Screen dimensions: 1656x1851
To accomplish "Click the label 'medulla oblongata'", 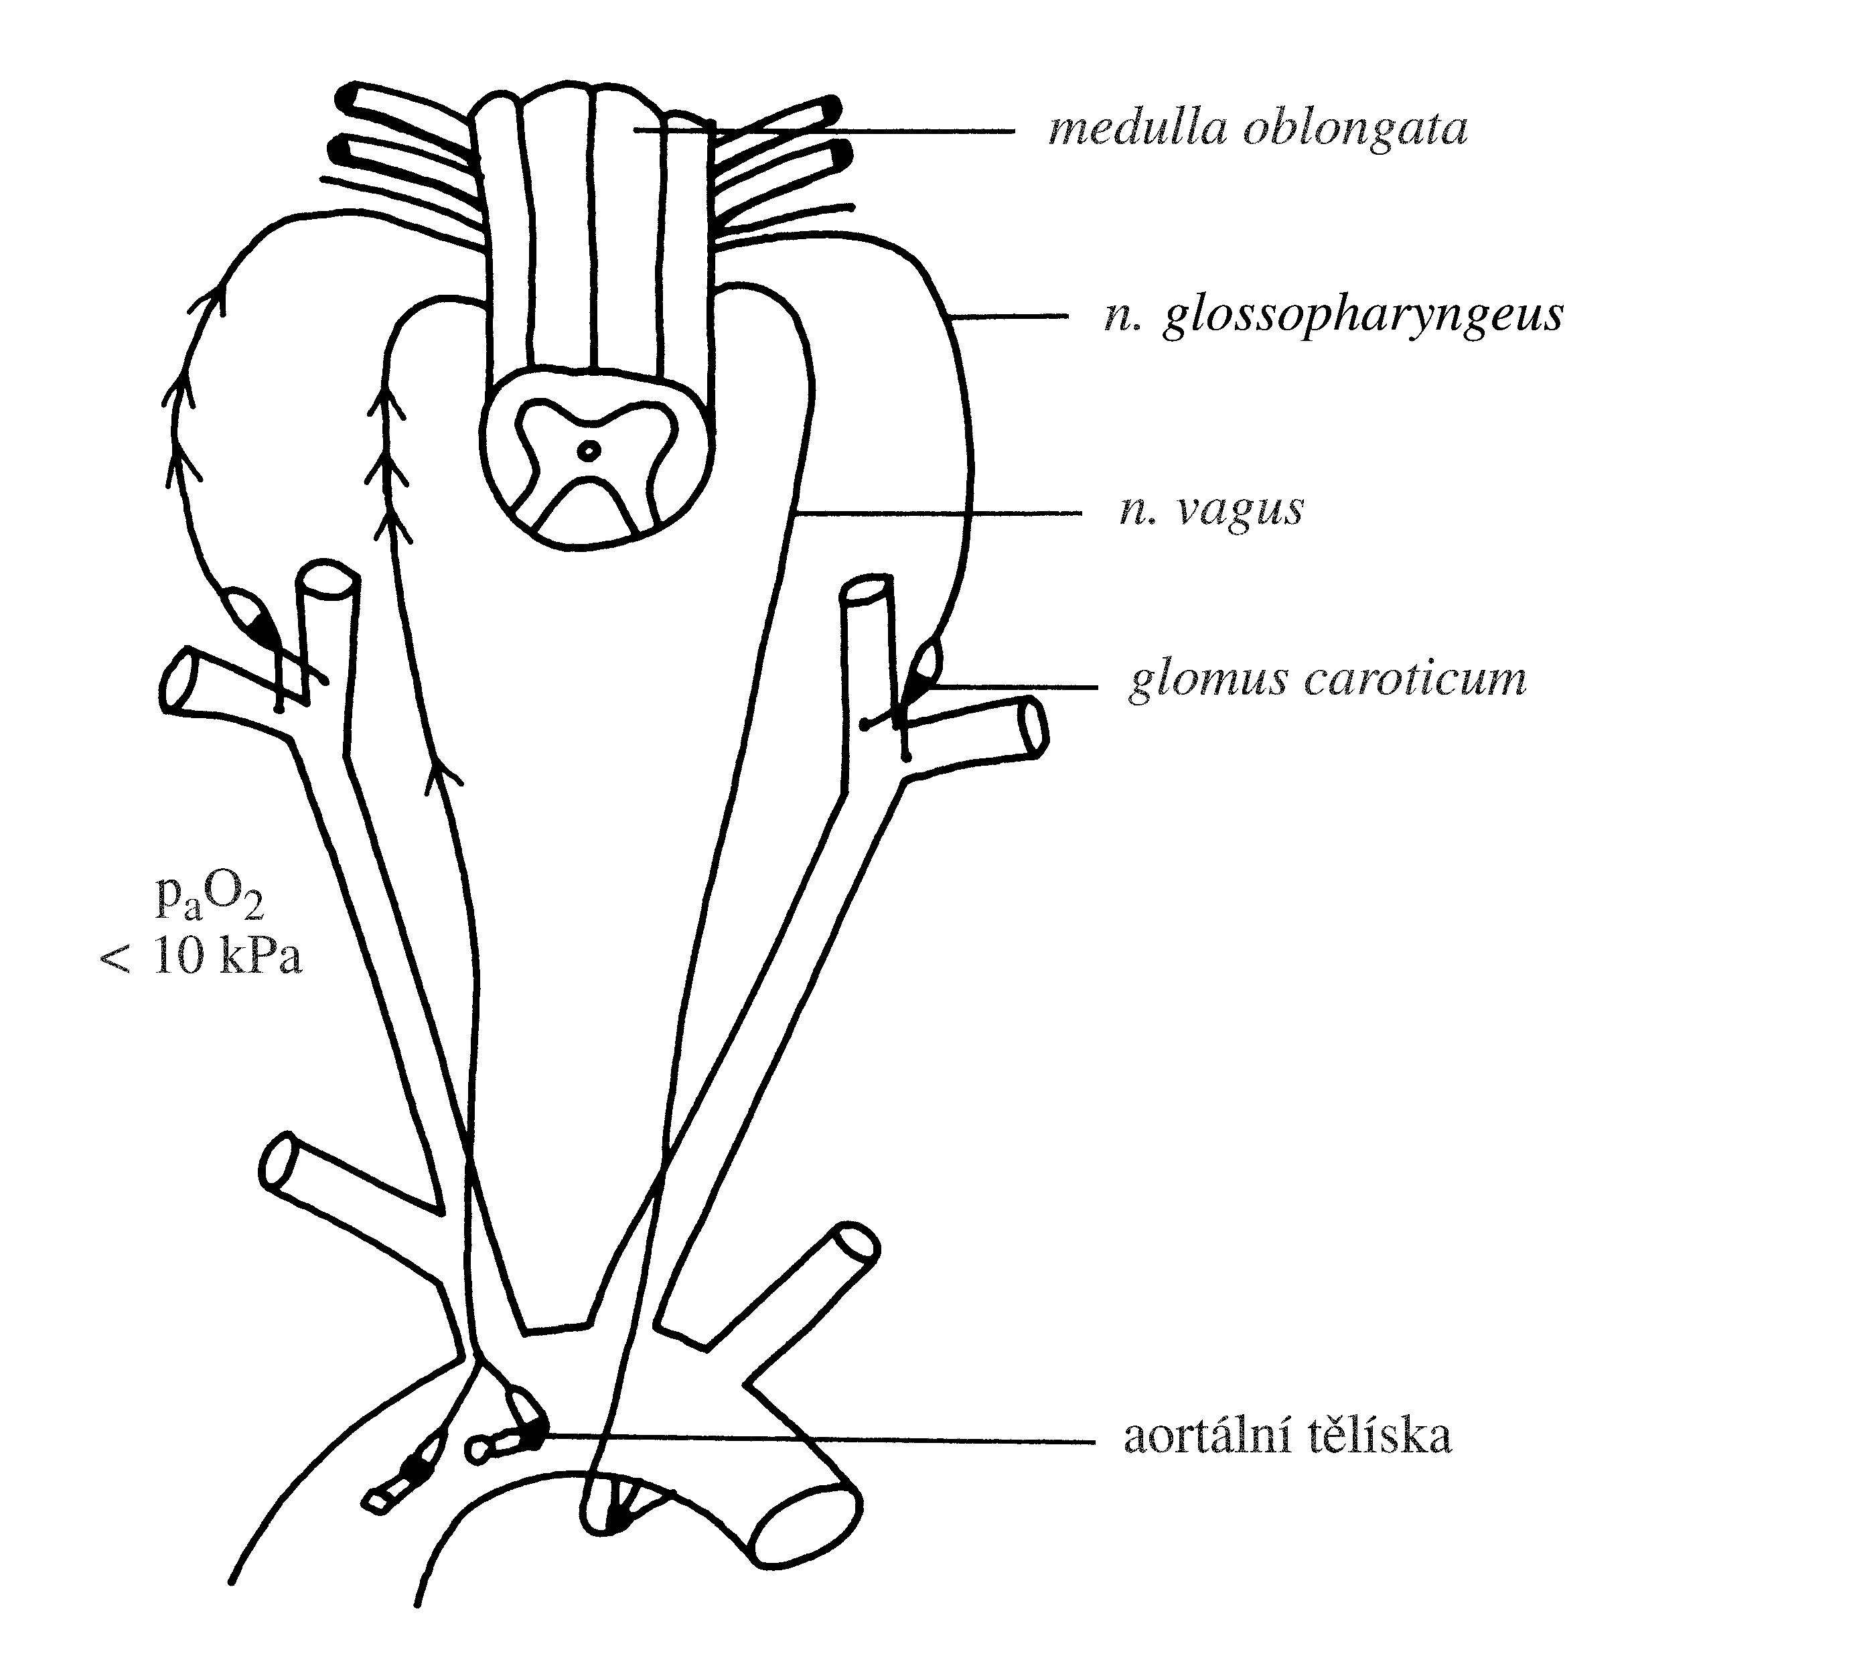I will click(x=1258, y=130).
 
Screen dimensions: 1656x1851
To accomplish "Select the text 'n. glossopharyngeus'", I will click(x=1333, y=316).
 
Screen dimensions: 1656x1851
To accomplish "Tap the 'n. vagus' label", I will click(x=1211, y=510).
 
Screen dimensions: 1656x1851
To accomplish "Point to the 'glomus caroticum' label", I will click(x=1327, y=681).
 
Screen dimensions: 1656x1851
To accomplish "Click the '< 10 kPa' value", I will click(x=201, y=957).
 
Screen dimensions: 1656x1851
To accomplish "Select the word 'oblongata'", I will click(x=1355, y=130).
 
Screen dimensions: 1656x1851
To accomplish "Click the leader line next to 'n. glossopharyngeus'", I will click(x=1010, y=316).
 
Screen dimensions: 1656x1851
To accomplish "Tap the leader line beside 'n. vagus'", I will click(x=937, y=514).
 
